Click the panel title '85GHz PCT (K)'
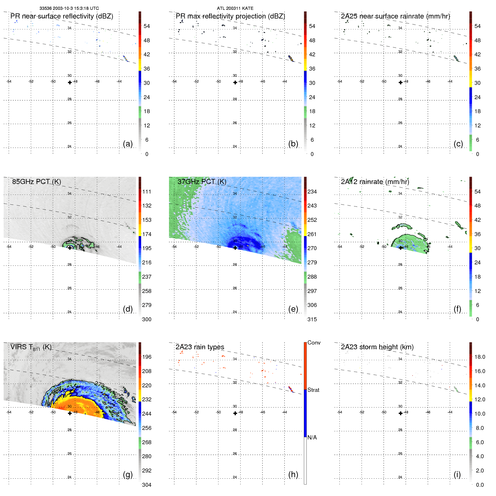(36, 182)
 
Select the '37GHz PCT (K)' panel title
(202, 182)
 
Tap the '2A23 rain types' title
(200, 347)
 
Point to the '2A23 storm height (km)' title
(377, 347)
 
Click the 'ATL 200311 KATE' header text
(235, 8)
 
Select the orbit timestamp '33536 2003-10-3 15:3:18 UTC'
(69, 8)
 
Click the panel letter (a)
(128, 144)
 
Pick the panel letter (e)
(293, 309)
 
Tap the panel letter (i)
(457, 474)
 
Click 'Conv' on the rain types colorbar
(314, 343)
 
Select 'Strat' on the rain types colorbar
(313, 390)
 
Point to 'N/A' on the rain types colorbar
(312, 437)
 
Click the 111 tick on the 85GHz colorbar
(147, 192)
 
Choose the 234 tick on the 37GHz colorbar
(312, 192)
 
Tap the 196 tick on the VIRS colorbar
(147, 357)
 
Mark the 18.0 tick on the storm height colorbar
(479, 357)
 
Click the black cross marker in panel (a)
(70, 82)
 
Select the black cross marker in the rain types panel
(235, 413)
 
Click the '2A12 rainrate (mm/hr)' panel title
(375, 182)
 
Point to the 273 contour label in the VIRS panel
(99, 384)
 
